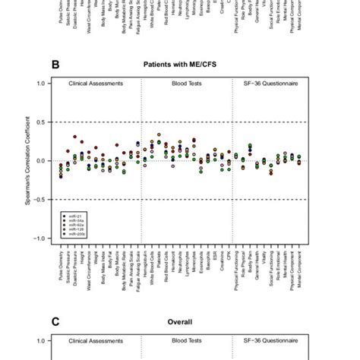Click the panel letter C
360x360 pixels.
tap(55, 321)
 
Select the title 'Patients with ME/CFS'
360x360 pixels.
tap(179, 65)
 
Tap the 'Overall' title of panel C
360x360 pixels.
tap(180, 321)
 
